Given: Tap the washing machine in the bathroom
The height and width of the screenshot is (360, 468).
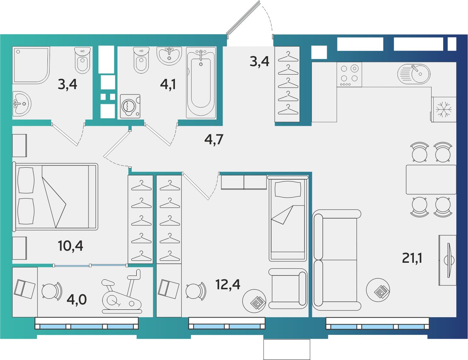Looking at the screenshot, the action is click(130, 106).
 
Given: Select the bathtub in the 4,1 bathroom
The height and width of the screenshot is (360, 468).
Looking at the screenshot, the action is click(201, 83).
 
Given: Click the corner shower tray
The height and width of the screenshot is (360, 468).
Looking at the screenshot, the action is click(31, 65).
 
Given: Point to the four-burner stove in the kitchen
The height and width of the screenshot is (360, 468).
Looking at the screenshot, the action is click(349, 74).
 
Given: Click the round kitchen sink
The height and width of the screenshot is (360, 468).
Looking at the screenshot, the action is click(414, 74).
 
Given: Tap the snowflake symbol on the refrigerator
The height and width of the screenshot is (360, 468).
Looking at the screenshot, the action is click(444, 110).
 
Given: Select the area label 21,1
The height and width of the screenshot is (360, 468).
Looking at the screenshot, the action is click(412, 258).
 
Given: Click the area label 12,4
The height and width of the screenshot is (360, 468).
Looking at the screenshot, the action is click(228, 285).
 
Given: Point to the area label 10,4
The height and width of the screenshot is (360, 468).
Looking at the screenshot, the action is click(70, 246).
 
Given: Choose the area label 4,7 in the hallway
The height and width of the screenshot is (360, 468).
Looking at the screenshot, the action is click(214, 139).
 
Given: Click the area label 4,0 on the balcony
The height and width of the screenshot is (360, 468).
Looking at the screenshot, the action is click(77, 300).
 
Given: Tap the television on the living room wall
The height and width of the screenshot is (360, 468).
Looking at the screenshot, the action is click(449, 260).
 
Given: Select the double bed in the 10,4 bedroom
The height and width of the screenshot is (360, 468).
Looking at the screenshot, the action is click(55, 197).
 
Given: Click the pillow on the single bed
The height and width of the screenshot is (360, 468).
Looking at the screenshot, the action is click(288, 189).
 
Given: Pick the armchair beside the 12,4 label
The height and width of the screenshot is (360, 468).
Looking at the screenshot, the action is click(288, 289).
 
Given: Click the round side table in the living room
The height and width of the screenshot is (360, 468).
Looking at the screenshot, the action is click(378, 290).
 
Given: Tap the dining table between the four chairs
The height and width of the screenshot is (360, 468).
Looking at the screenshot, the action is click(431, 180).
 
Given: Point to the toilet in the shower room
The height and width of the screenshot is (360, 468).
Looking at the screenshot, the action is click(82, 60).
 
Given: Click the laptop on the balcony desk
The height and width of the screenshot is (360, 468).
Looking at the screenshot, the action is click(24, 289).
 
